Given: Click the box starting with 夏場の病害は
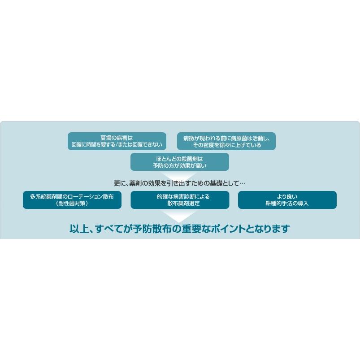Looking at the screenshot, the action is click(117, 141).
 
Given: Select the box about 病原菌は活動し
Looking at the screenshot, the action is click(226, 141).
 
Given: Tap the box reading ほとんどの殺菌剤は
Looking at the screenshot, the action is click(179, 162).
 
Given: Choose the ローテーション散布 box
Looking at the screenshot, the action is click(72, 200).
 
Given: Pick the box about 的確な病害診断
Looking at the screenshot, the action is click(179, 200).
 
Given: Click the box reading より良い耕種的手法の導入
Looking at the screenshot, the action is click(287, 200).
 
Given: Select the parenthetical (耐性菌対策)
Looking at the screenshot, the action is click(72, 204).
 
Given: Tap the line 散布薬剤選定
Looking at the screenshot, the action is click(179, 204).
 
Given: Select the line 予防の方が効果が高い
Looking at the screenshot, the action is click(179, 166).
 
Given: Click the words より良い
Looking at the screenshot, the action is click(287, 196).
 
